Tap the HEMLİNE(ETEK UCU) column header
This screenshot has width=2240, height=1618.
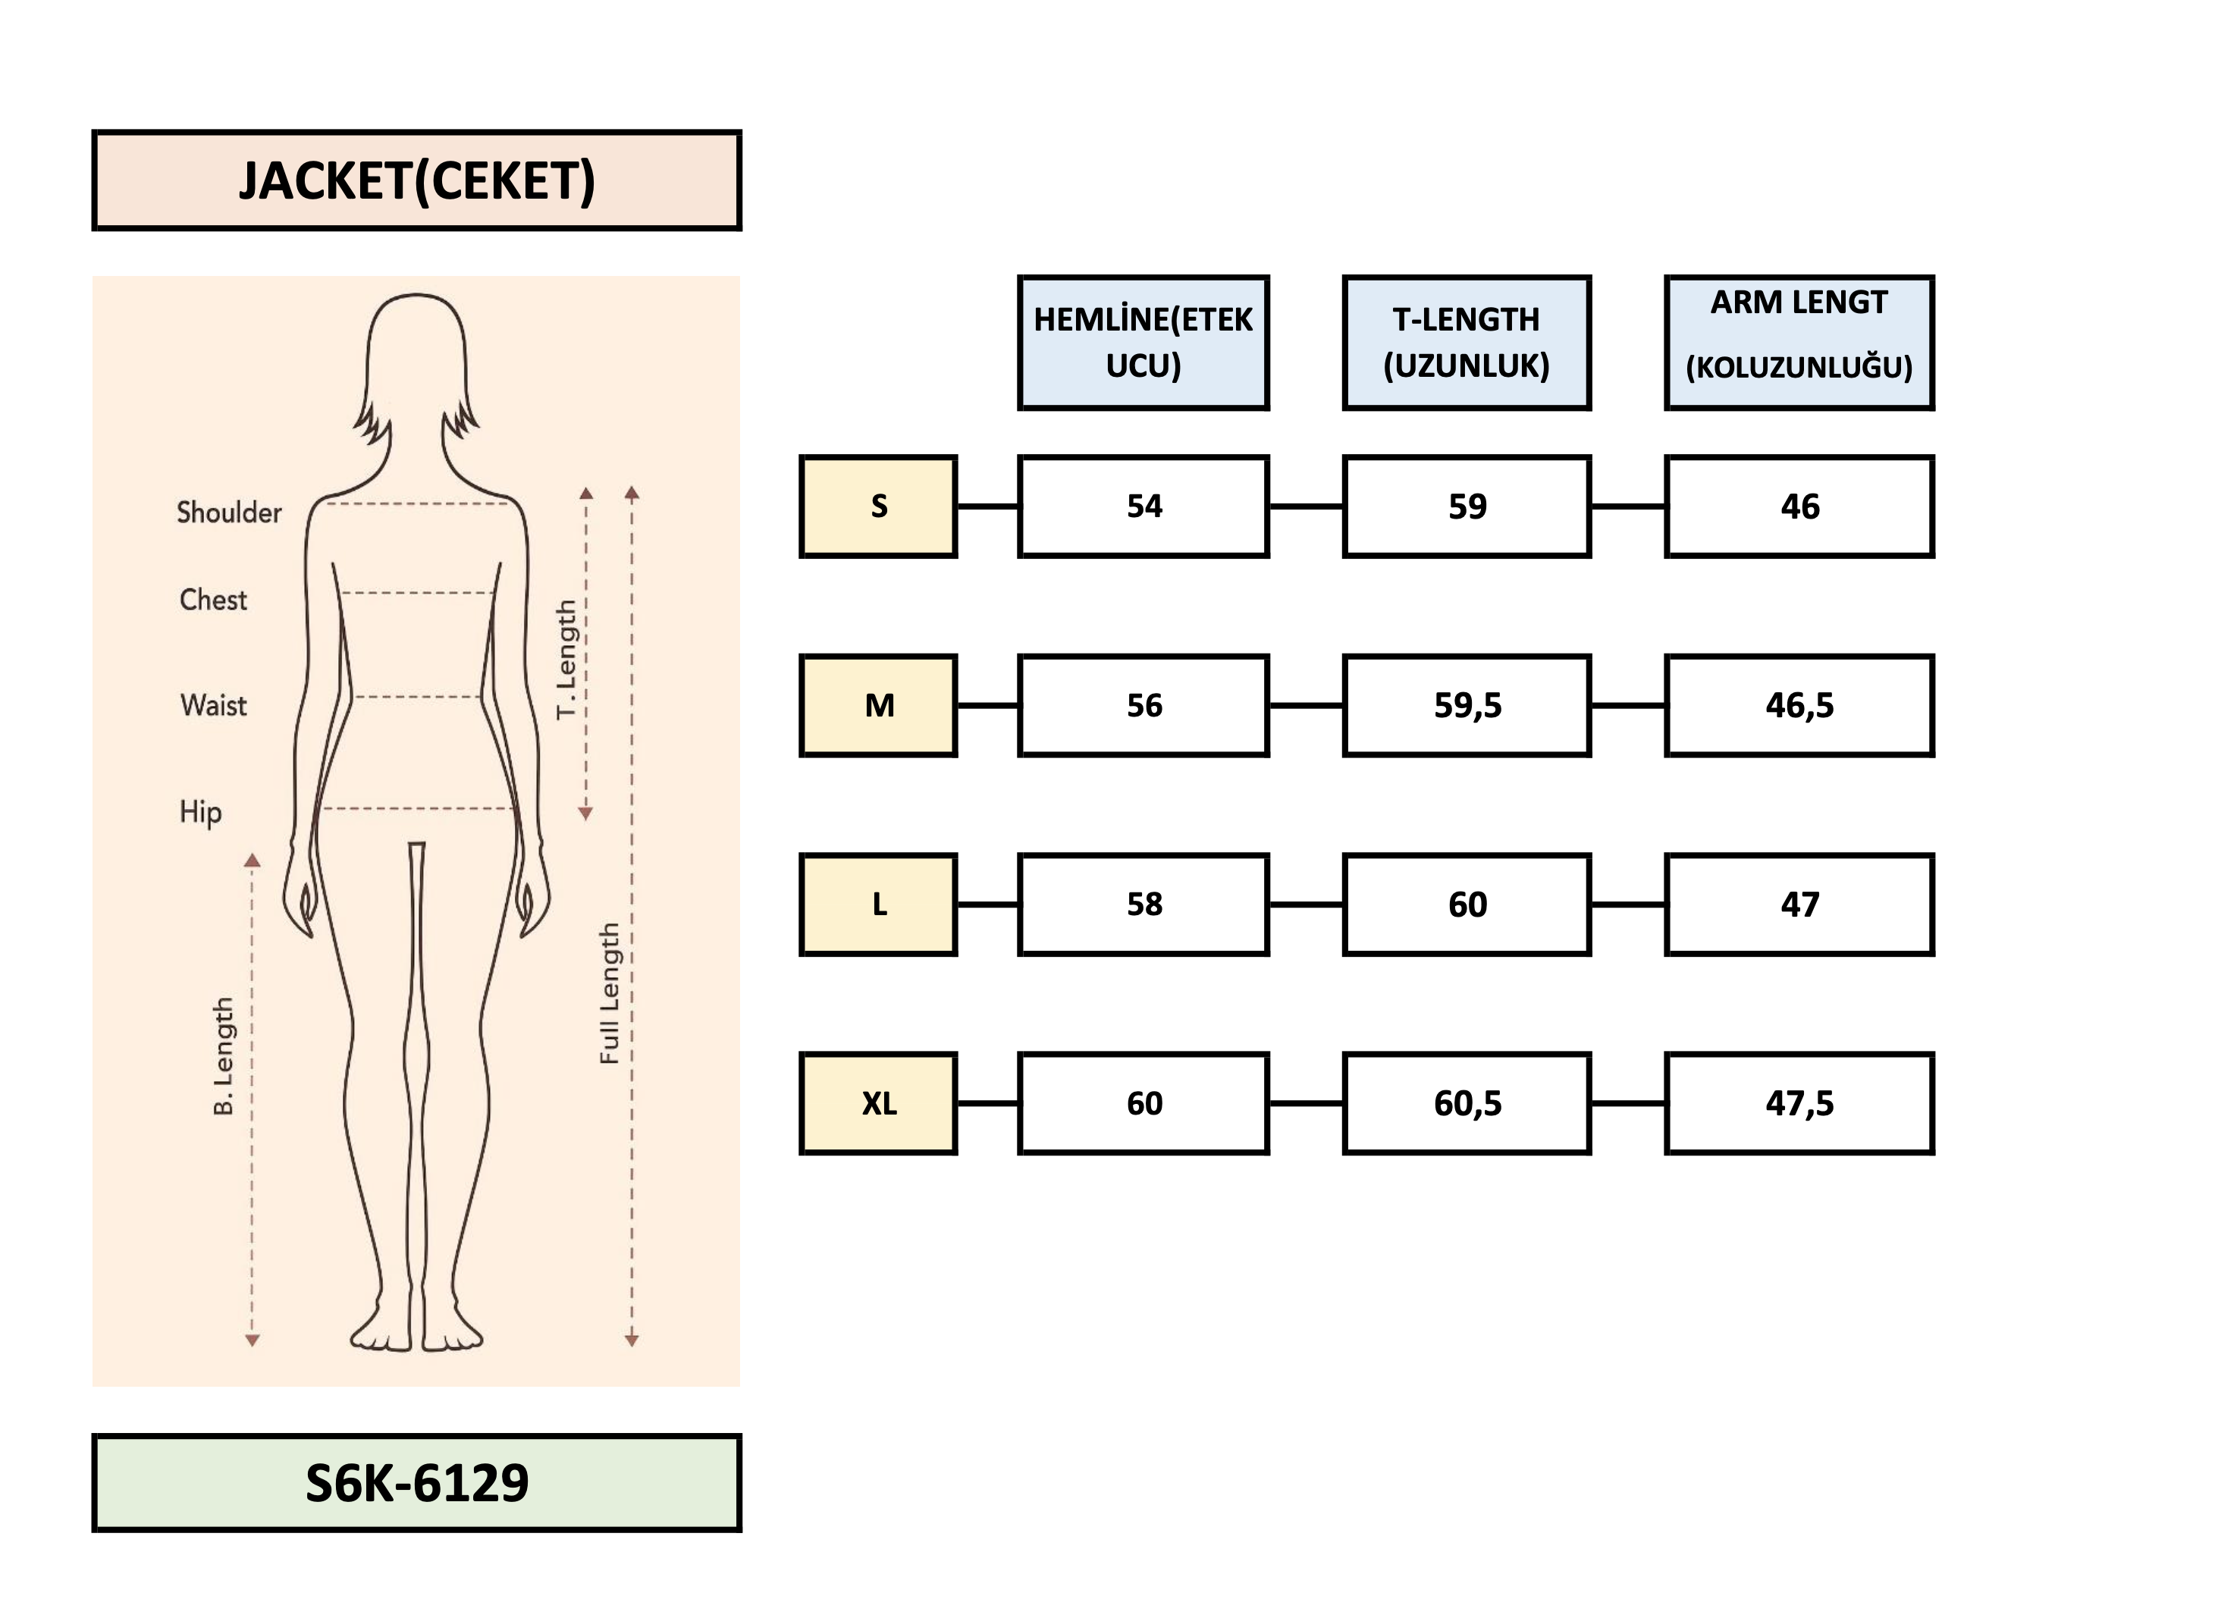pos(1143,343)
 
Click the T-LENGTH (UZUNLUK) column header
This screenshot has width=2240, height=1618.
pos(1466,343)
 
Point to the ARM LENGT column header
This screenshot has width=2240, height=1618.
pos(1799,343)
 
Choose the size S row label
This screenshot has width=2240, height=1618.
pos(878,506)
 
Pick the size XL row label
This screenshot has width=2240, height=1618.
pos(878,1103)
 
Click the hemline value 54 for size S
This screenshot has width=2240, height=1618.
pos(1144,506)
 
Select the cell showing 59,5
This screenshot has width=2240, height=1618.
pos(1467,705)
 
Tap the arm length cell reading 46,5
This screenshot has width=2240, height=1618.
pos(1799,705)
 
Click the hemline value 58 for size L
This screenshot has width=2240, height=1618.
pos(1144,905)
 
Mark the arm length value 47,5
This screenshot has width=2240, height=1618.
pos(1799,1103)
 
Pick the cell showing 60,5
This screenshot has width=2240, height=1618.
pos(1467,1103)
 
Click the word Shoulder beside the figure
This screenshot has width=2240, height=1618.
pos(229,513)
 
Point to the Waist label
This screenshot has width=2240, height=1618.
pos(213,705)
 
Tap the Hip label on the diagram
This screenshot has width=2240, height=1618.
pos(200,812)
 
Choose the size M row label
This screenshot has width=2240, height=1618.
pos(878,705)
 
